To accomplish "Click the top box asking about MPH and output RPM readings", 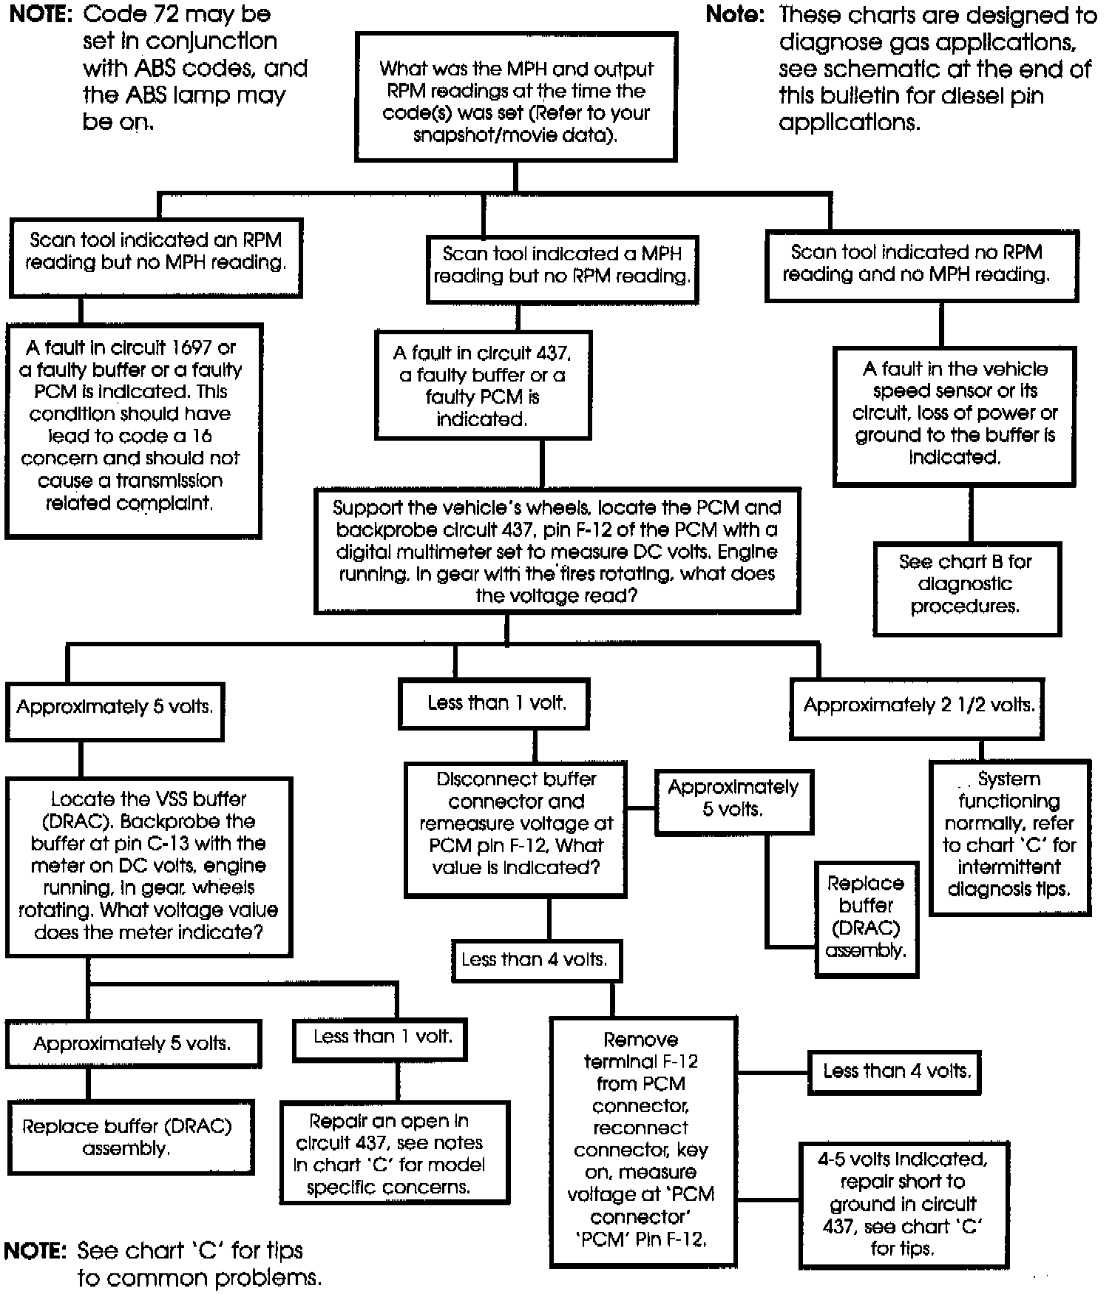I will point(515,97).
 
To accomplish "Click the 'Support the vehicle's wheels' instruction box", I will point(557,551).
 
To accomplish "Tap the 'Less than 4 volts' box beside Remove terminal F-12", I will point(894,1072).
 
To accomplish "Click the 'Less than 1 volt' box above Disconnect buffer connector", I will point(494,704).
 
